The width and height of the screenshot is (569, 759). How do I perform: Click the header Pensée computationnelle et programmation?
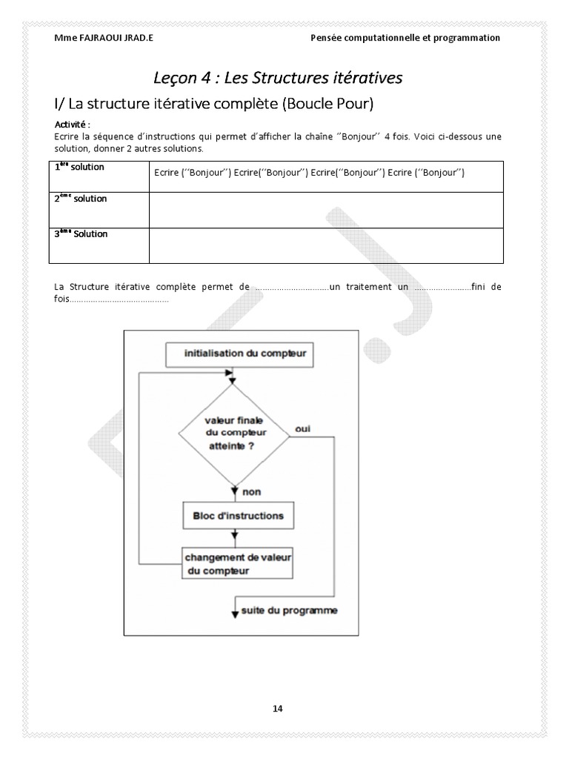click(x=405, y=38)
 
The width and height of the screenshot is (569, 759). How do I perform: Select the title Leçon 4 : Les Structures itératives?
click(x=278, y=77)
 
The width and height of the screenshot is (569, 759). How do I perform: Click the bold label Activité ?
click(x=73, y=124)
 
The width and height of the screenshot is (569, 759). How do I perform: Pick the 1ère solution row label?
click(x=80, y=168)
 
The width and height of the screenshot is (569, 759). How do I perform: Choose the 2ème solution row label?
click(x=81, y=199)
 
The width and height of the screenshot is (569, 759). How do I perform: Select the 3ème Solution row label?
click(x=81, y=234)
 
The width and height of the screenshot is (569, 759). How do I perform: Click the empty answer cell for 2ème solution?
click(x=326, y=210)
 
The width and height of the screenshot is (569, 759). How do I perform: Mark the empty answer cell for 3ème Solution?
click(x=326, y=245)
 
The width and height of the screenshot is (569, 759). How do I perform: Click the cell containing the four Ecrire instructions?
click(x=309, y=173)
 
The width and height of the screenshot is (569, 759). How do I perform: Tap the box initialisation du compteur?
click(x=235, y=354)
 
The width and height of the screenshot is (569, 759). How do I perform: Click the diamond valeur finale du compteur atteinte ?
click(x=234, y=434)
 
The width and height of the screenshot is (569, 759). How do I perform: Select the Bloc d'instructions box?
click(x=233, y=515)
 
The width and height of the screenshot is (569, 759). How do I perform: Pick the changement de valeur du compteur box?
click(x=238, y=563)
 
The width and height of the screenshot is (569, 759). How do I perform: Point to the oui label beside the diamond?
click(x=302, y=429)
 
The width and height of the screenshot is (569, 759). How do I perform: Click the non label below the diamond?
click(x=251, y=491)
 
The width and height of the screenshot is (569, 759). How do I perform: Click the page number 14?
click(x=278, y=708)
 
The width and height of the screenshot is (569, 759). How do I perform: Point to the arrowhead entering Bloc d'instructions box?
click(x=235, y=499)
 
